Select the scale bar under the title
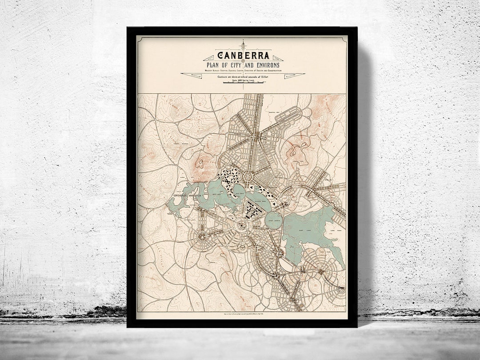242,83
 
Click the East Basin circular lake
273,220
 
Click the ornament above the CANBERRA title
243,45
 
